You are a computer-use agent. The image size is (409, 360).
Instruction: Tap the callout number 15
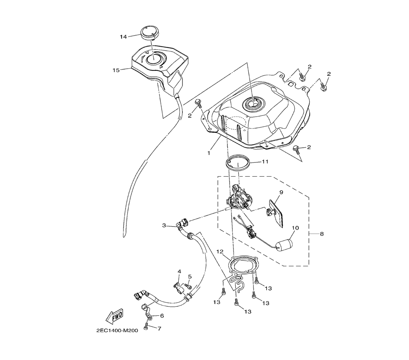point(116,70)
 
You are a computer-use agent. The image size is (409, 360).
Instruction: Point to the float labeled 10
point(285,245)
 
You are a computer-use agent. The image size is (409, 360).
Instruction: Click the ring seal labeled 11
point(238,163)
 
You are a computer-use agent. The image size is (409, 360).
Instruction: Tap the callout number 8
point(321,234)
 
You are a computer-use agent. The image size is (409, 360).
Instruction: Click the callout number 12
point(220,252)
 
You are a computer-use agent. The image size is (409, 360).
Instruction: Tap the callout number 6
point(162,316)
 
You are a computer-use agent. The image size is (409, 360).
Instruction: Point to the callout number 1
point(209,153)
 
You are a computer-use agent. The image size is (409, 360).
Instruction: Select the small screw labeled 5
point(188,286)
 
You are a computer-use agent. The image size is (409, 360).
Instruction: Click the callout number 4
point(179,272)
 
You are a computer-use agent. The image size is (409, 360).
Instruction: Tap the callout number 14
point(124,37)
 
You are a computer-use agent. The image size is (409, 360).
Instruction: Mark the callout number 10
point(295,228)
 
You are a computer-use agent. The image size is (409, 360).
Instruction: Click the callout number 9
point(281,192)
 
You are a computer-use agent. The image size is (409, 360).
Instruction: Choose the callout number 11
point(265,162)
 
